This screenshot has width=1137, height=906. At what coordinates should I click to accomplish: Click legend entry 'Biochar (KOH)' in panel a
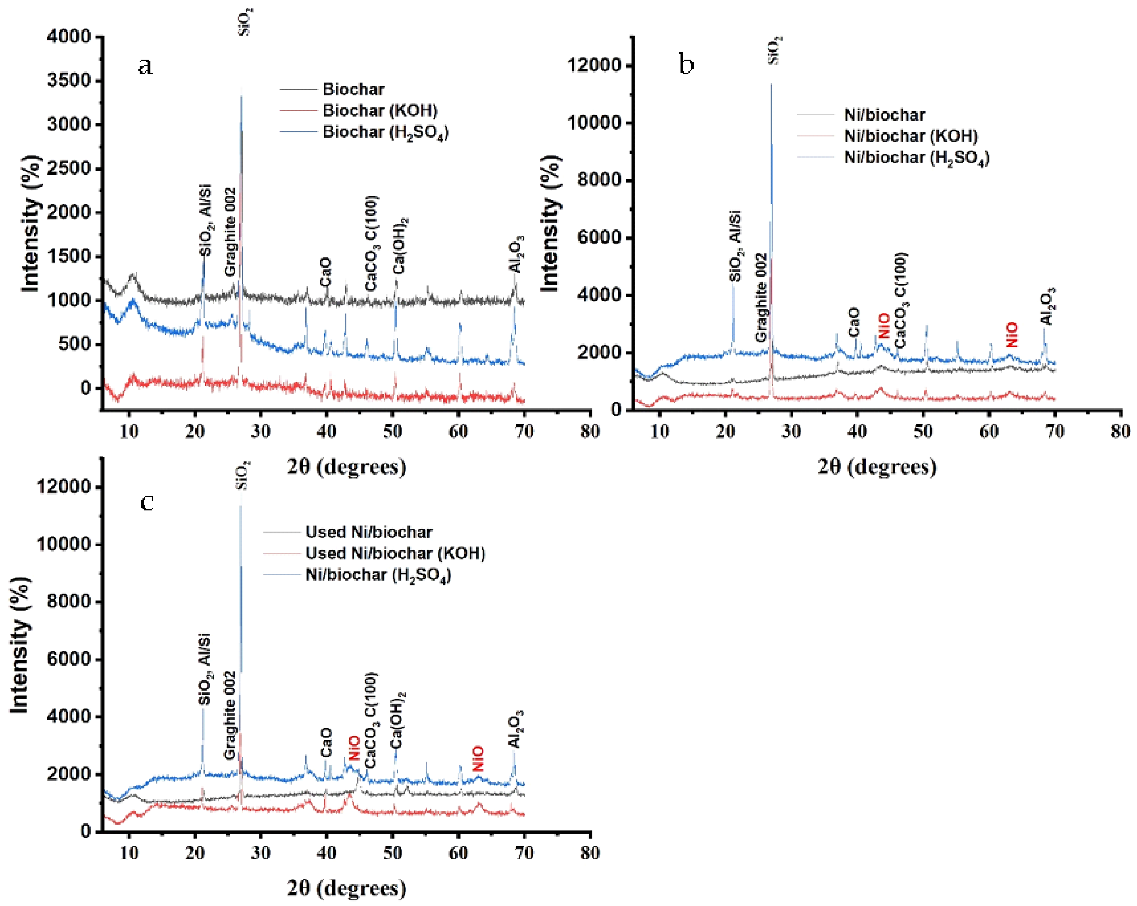[380, 110]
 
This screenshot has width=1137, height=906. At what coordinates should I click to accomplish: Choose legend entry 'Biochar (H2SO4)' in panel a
[385, 132]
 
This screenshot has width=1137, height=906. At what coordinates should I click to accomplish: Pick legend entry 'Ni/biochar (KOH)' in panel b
[911, 136]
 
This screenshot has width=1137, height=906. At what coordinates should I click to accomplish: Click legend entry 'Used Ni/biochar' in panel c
[368, 532]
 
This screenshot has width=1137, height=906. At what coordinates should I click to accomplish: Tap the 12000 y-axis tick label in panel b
[595, 66]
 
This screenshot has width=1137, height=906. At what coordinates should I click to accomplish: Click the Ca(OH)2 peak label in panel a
[401, 245]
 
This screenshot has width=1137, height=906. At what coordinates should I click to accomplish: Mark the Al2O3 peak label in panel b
[1047, 306]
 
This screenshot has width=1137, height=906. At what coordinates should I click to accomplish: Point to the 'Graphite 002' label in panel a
[229, 232]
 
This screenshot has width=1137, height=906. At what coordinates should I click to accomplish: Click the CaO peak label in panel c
[326, 742]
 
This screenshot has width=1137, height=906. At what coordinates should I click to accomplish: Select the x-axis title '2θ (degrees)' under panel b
[877, 466]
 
